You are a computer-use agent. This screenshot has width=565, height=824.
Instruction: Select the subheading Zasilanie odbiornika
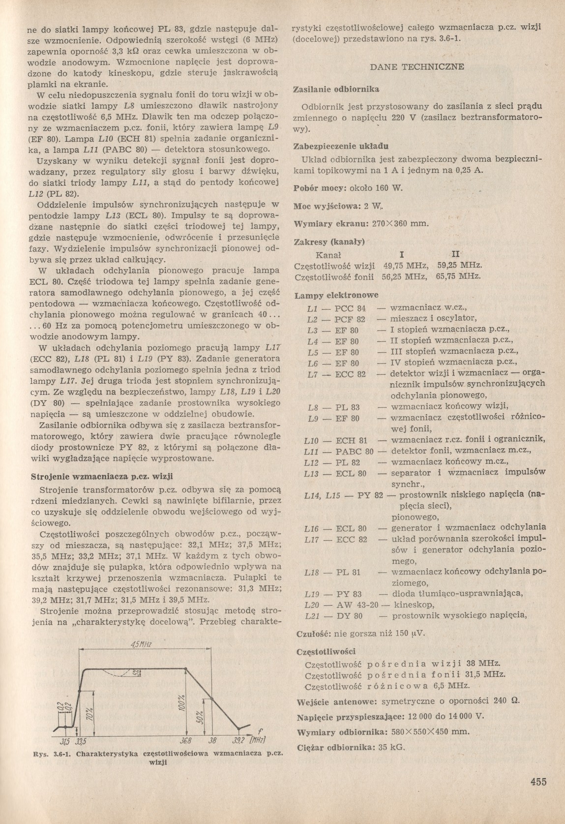(335, 90)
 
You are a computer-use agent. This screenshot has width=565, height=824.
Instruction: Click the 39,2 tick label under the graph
(239, 741)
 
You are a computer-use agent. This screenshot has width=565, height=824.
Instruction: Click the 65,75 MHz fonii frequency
(458, 277)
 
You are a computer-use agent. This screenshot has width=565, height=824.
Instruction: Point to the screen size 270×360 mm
(400, 224)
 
